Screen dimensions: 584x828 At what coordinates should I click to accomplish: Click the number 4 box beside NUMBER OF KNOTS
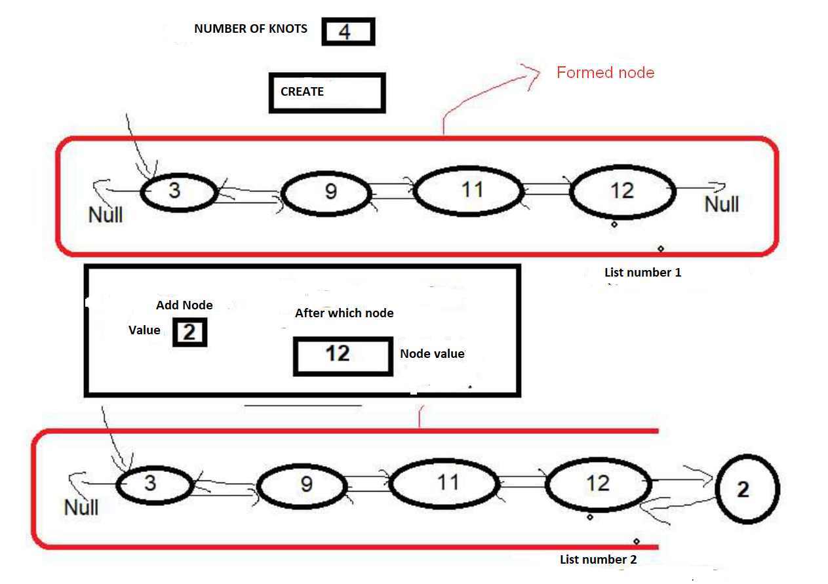click(347, 32)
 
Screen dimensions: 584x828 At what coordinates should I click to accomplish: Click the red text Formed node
click(605, 73)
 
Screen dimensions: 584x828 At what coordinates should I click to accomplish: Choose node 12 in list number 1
click(622, 191)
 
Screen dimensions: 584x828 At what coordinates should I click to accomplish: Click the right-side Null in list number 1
click(722, 204)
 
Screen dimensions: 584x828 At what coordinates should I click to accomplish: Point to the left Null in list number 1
click(106, 214)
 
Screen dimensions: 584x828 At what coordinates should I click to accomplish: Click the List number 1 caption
click(642, 272)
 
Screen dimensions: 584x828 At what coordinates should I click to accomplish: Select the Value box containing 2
click(189, 332)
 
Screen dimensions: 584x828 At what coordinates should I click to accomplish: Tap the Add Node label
click(184, 305)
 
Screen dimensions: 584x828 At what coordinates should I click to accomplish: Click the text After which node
click(344, 313)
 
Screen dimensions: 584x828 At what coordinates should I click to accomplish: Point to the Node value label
click(433, 354)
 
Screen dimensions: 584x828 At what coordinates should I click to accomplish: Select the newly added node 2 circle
click(747, 489)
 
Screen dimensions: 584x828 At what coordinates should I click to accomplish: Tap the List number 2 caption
click(598, 560)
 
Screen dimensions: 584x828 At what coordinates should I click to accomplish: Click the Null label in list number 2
click(81, 507)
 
